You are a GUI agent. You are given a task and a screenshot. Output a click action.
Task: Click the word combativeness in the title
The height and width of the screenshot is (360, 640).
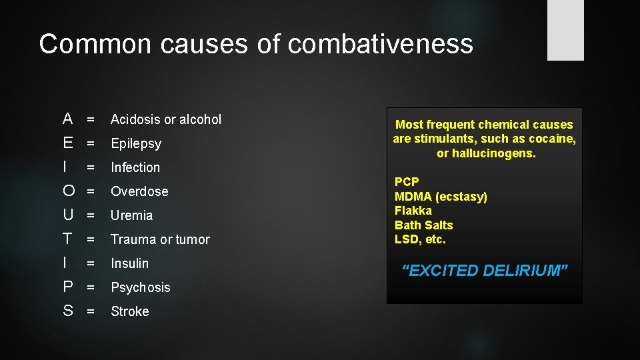click(x=381, y=44)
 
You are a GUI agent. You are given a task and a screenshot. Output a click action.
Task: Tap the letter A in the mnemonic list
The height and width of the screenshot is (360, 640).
click(x=67, y=119)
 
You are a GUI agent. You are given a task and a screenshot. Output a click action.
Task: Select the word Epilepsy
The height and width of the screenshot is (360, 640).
click(x=136, y=143)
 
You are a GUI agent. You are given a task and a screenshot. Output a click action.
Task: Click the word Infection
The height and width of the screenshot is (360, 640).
click(x=135, y=167)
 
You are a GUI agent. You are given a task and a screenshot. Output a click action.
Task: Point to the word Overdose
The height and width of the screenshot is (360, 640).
click(x=139, y=191)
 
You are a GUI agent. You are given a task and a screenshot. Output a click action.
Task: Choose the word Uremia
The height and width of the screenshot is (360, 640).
click(x=131, y=215)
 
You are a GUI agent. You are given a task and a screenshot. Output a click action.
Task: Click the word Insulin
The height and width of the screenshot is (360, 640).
click(x=129, y=263)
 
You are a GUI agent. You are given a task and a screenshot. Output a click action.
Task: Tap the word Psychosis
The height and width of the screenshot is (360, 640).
click(x=140, y=287)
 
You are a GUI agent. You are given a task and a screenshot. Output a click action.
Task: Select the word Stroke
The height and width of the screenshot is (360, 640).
click(x=129, y=311)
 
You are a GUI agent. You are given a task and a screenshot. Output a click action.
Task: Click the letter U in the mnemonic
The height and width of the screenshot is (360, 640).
click(x=68, y=215)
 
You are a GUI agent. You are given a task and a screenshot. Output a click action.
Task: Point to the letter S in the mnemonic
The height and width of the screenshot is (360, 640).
click(x=68, y=311)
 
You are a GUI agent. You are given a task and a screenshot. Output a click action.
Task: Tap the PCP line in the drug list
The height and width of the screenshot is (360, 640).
click(x=406, y=182)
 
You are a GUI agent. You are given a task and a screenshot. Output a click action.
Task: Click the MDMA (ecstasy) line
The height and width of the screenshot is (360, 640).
click(x=441, y=197)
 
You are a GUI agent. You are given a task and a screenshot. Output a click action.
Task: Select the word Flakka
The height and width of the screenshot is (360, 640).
click(x=413, y=211)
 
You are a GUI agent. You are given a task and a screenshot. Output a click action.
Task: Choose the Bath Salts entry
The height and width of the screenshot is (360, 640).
click(x=423, y=225)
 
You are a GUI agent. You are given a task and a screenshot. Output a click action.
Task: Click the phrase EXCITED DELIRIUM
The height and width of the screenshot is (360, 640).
click(x=485, y=271)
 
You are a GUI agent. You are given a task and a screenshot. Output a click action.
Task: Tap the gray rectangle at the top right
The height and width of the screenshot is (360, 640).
click(x=565, y=30)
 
